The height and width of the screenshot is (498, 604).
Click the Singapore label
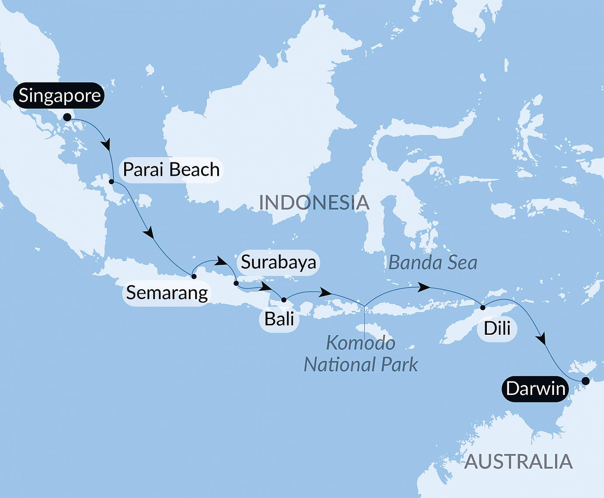(x=59, y=95)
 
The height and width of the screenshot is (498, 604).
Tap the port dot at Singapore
(x=67, y=117)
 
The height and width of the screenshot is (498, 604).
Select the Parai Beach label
(x=171, y=169)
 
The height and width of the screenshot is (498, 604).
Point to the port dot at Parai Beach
(x=111, y=182)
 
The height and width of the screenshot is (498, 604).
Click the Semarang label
(x=167, y=292)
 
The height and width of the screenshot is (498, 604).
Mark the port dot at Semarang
(x=194, y=276)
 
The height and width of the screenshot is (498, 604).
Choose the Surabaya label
(x=278, y=262)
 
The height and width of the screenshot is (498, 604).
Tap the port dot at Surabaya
(x=236, y=283)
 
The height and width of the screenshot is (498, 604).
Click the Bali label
(x=279, y=319)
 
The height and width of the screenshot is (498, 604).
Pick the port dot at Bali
(x=284, y=300)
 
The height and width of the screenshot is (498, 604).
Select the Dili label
(x=497, y=328)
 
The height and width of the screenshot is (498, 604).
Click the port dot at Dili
(x=483, y=308)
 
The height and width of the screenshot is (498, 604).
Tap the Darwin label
(x=535, y=388)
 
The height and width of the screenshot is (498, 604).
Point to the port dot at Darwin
(x=586, y=381)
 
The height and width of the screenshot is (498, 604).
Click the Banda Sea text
(x=433, y=263)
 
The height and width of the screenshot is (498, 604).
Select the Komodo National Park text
(x=361, y=354)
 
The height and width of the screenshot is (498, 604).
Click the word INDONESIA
(x=314, y=203)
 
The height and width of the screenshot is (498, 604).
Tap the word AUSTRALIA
(x=518, y=461)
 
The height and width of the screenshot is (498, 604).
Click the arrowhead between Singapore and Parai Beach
(x=106, y=144)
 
